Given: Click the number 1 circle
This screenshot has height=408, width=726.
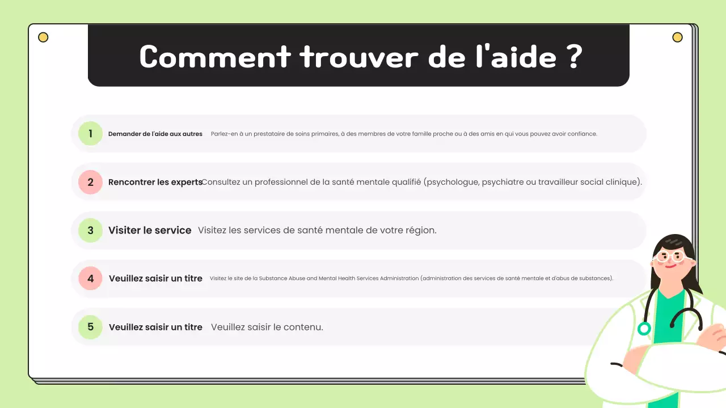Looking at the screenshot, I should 90,134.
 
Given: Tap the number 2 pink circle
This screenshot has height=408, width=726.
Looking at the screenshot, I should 90,182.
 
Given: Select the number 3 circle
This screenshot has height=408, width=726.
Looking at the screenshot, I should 90,231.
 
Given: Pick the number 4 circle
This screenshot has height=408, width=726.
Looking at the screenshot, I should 90,279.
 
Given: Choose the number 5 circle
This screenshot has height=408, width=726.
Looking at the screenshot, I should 90,327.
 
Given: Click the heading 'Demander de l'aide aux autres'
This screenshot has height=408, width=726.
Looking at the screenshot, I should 155,134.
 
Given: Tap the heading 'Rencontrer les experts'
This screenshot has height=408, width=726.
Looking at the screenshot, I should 155,182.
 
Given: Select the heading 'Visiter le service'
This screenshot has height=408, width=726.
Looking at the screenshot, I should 150,231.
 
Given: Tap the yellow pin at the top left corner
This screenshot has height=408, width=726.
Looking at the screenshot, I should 43,37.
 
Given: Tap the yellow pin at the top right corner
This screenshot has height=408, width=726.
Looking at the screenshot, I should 677,37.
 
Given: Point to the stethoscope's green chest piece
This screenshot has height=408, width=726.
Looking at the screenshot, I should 644,329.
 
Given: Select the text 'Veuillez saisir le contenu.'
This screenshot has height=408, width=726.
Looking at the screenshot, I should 267,327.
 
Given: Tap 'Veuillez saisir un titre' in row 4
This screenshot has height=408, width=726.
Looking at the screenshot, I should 155,279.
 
